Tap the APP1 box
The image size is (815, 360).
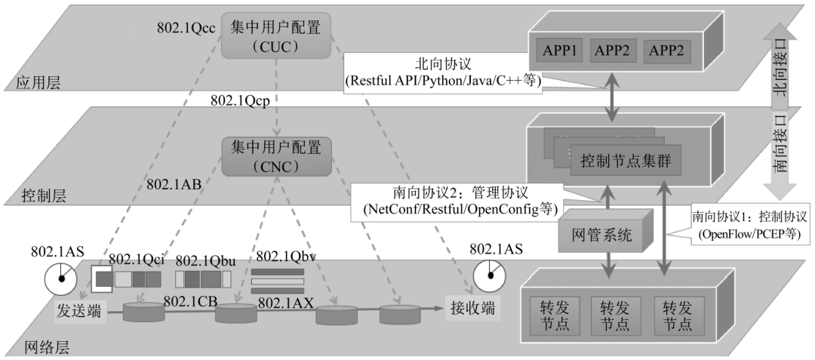(x=559, y=51)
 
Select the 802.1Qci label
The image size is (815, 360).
(x=136, y=260)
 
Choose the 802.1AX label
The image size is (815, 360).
(x=285, y=302)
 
